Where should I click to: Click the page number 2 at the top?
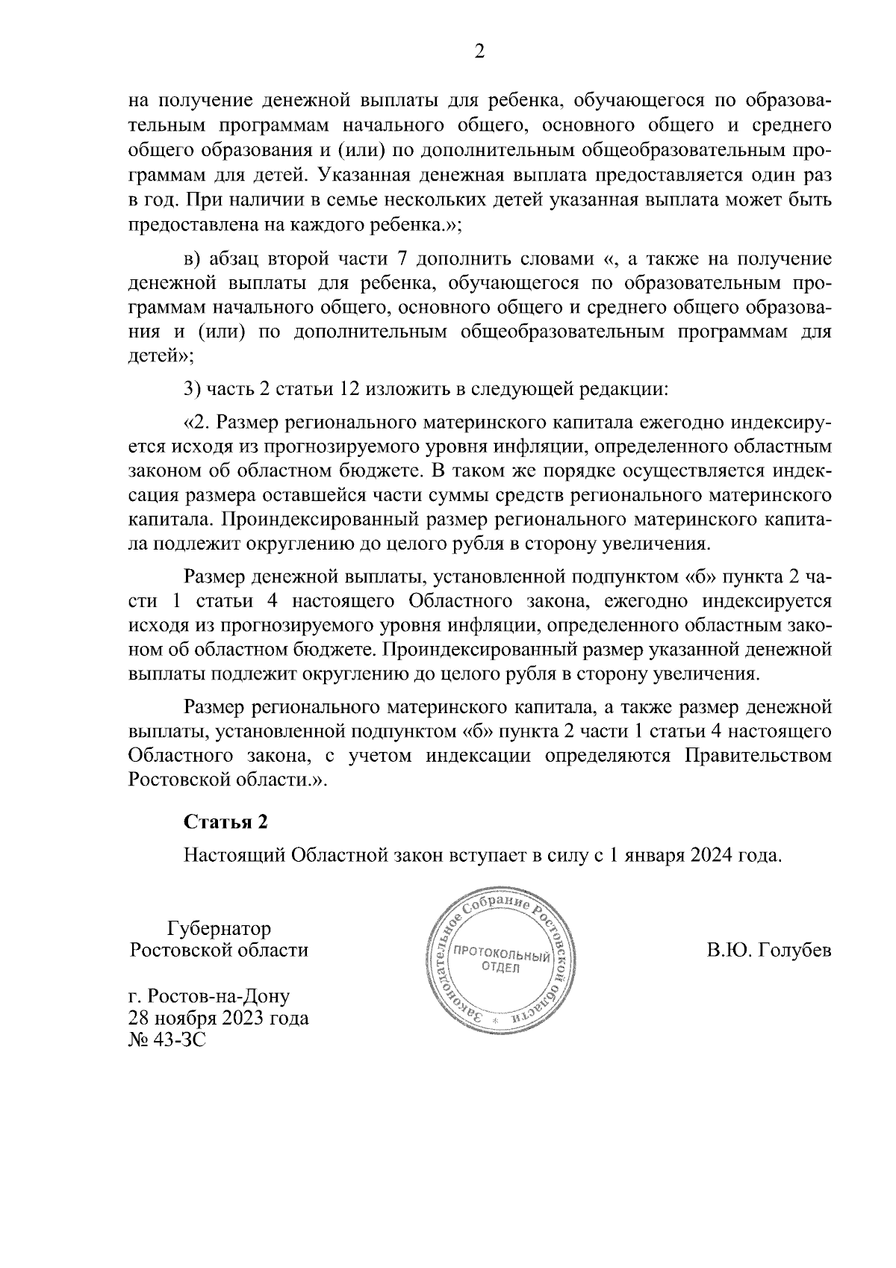coord(479,52)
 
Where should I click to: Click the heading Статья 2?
coord(225,822)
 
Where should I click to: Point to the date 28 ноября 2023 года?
coord(219,1017)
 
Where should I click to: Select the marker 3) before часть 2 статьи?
coord(193,389)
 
